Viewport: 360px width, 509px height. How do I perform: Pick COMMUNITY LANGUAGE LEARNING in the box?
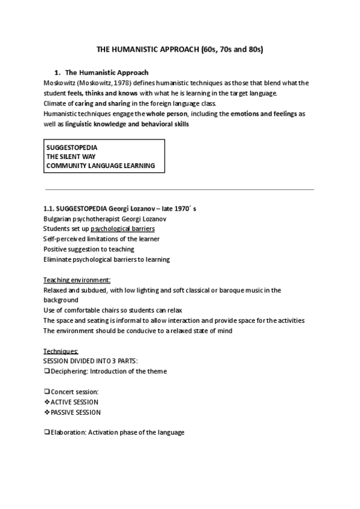point(100,165)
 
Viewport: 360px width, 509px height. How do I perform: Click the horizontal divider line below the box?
point(180,190)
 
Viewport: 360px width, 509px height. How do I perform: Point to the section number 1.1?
point(49,209)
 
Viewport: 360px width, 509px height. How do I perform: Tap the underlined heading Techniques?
point(61,351)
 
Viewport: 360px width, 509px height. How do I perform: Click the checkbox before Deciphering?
point(46,371)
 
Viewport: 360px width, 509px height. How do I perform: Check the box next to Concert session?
point(46,391)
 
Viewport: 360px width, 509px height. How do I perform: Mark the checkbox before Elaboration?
point(46,432)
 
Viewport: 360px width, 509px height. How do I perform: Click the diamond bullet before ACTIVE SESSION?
point(47,402)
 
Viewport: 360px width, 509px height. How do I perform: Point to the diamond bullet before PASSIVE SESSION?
point(47,412)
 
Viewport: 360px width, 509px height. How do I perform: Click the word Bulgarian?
point(59,219)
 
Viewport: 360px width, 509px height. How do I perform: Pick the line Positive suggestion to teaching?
point(89,249)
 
